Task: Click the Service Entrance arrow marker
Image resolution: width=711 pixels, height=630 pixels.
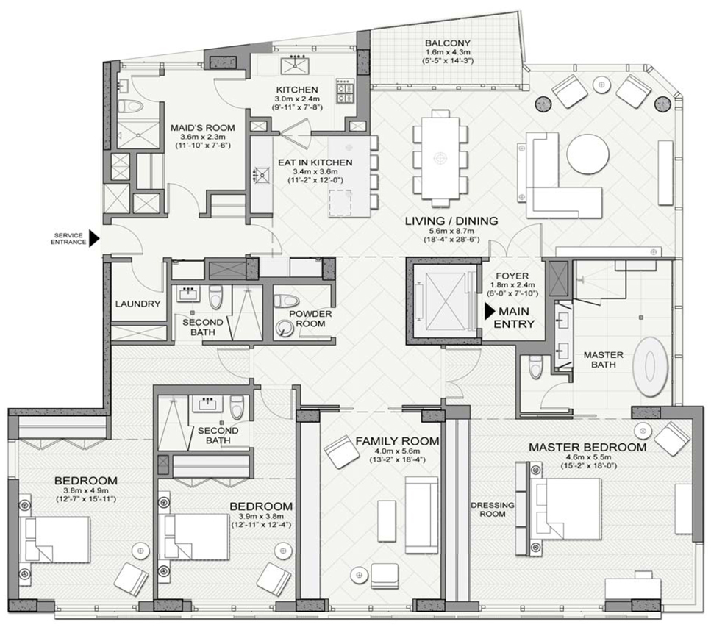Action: tap(94, 238)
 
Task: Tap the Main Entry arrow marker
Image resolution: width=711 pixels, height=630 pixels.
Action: tap(490, 312)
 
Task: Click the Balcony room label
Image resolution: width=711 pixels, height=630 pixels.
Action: tap(448, 43)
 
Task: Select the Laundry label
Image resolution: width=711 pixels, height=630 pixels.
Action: tap(137, 304)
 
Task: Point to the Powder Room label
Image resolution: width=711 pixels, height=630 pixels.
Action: tap(310, 318)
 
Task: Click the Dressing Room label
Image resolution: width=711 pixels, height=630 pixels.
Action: tap(493, 509)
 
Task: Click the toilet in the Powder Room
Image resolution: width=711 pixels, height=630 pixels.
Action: tap(287, 301)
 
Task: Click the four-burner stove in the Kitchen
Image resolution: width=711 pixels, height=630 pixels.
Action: tap(345, 92)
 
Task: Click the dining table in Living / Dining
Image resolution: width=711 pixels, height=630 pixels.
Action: tap(440, 158)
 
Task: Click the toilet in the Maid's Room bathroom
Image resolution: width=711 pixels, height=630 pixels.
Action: tap(131, 106)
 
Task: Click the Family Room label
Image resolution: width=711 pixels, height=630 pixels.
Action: tap(397, 440)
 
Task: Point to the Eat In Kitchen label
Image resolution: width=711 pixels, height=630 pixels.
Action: tap(315, 162)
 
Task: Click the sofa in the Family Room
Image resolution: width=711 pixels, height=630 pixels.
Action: tap(421, 515)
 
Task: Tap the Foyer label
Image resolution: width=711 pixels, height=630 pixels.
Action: tap(512, 276)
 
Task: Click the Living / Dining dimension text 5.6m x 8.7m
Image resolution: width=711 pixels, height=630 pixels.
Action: tap(451, 232)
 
